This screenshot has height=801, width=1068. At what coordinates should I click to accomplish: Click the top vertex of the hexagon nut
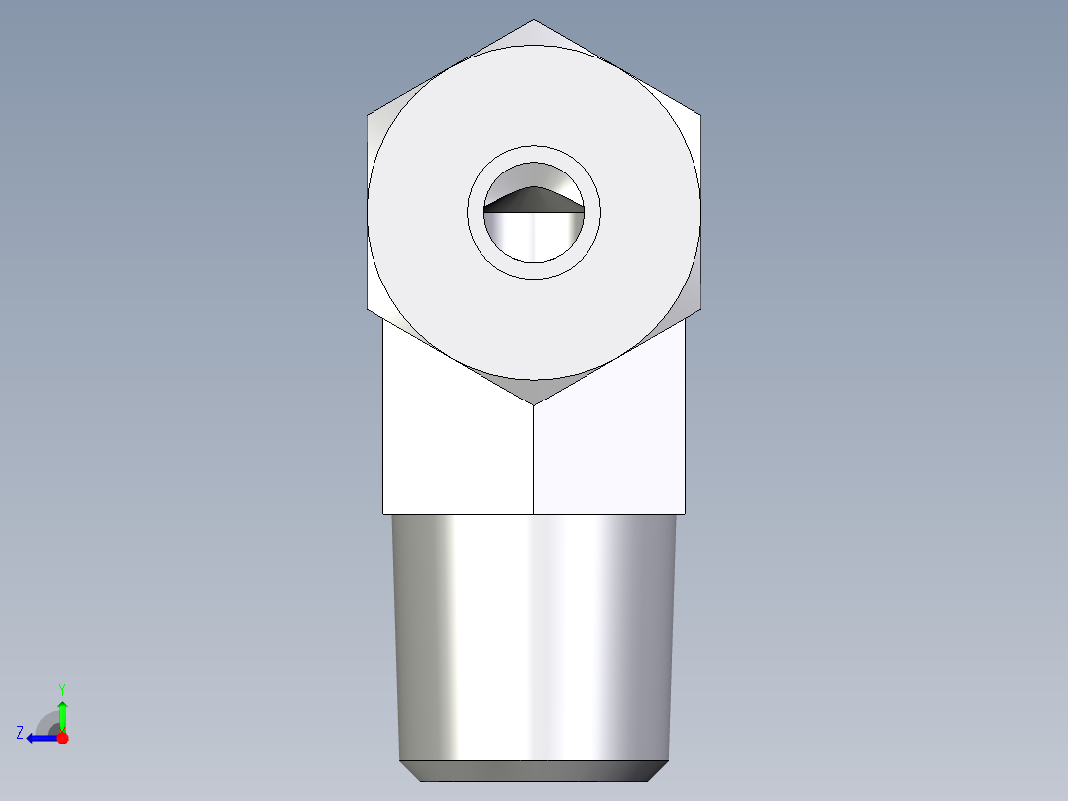[x=534, y=21]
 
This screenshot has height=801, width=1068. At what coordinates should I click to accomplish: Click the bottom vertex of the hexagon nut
[x=534, y=403]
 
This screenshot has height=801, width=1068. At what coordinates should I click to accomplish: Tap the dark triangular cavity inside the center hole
[x=535, y=200]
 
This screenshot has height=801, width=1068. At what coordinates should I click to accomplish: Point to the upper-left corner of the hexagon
[x=369, y=115]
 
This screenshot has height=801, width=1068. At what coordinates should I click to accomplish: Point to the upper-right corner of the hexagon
[x=700, y=115]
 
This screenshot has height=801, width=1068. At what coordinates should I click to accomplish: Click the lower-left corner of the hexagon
[x=369, y=309]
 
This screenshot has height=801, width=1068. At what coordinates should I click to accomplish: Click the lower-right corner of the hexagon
[x=700, y=309]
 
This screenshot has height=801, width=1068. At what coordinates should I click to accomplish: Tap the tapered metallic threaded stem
[x=535, y=634]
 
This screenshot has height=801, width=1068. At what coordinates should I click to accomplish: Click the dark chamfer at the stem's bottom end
[x=535, y=771]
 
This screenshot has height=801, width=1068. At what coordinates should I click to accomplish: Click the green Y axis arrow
[x=62, y=715]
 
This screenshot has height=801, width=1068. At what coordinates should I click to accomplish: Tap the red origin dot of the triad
[x=62, y=738]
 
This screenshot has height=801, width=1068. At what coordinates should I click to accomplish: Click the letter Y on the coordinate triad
[x=61, y=688]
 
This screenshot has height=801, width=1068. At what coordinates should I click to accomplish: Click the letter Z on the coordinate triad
[x=20, y=733]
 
